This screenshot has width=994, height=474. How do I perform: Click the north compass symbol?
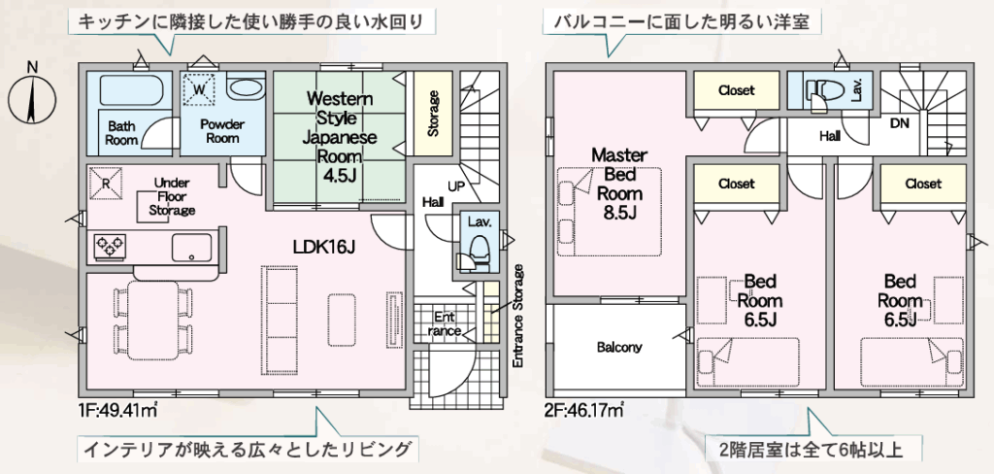pyautogui.click(x=32, y=97)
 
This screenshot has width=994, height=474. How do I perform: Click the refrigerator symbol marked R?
pyautogui.click(x=106, y=183)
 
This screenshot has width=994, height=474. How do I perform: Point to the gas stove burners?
pyautogui.click(x=111, y=246)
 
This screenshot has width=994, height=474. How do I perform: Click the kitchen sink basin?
pyautogui.click(x=191, y=248)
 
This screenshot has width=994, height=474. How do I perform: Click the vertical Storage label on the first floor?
pyautogui.click(x=434, y=115)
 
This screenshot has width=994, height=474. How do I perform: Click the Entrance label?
pyautogui.click(x=444, y=323)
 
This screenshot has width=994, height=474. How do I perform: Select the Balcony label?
pyautogui.click(x=618, y=347)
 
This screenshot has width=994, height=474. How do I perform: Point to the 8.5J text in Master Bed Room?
pyautogui.click(x=618, y=213)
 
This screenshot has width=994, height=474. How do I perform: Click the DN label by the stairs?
pyautogui.click(x=900, y=123)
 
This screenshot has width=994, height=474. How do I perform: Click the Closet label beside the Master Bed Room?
pyautogui.click(x=736, y=90)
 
